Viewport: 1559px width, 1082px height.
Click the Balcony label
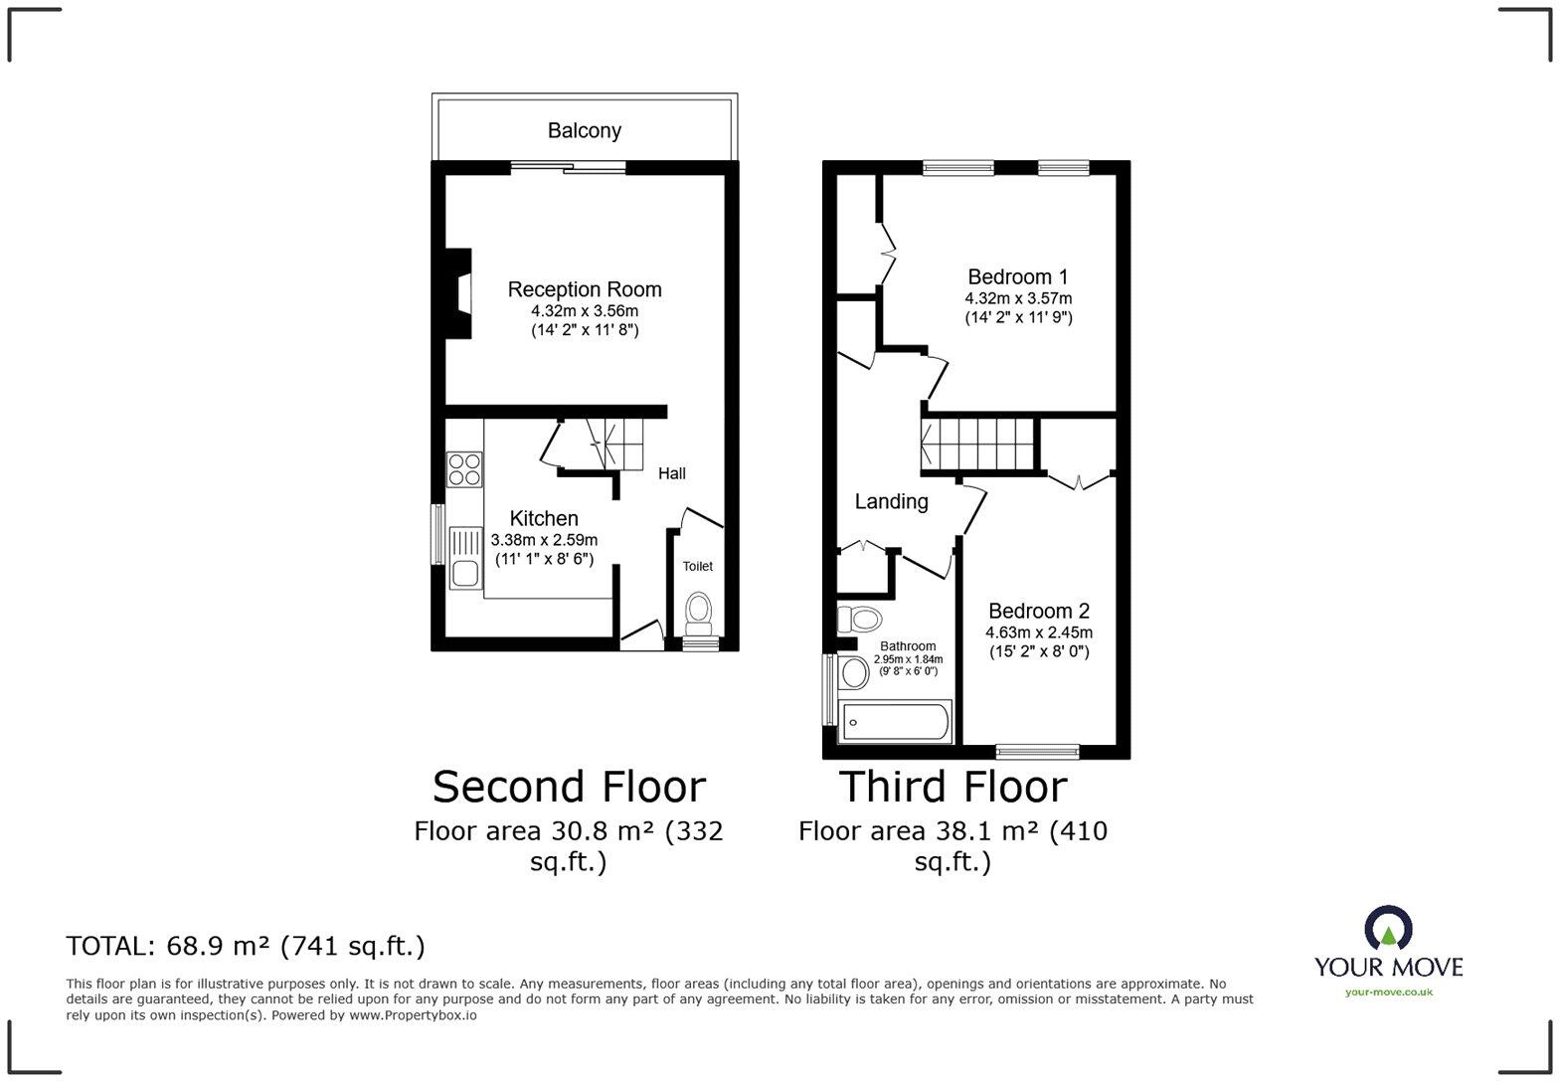(x=584, y=130)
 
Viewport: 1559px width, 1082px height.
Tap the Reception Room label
(x=585, y=289)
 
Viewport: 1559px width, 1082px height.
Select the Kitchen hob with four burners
(x=464, y=468)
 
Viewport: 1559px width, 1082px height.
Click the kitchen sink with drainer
(x=464, y=557)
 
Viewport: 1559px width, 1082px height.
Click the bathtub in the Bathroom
(x=895, y=721)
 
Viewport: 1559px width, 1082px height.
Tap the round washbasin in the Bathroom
(x=853, y=673)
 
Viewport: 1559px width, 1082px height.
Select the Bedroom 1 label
(x=1018, y=276)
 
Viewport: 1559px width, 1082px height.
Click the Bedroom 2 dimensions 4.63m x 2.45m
(x=1039, y=632)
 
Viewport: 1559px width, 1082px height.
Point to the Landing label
(x=891, y=501)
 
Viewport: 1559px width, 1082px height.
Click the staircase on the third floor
(x=979, y=444)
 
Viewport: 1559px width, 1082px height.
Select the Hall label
(x=671, y=473)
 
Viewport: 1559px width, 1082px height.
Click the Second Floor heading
(x=569, y=787)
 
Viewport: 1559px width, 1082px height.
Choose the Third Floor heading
(x=953, y=787)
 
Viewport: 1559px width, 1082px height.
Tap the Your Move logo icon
(x=1388, y=927)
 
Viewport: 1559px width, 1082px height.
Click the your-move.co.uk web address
(x=1388, y=992)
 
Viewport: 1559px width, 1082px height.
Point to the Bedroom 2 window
(x=1037, y=751)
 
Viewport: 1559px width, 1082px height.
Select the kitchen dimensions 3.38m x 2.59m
(x=544, y=539)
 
